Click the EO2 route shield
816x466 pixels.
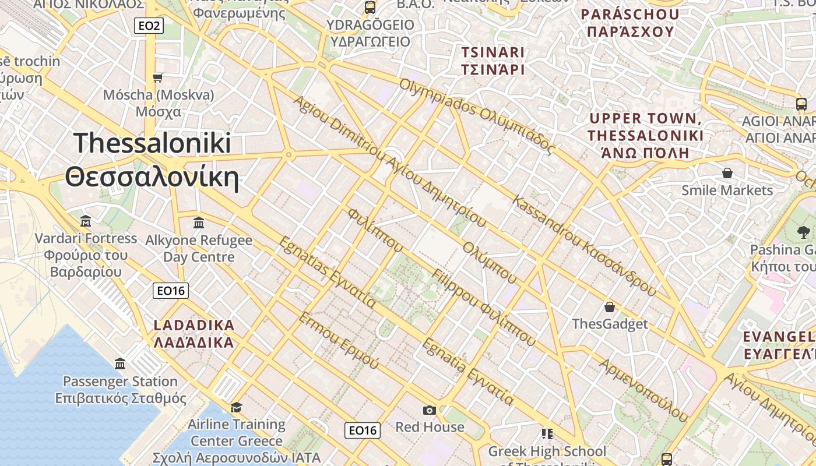[x=148, y=26]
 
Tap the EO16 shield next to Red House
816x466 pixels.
[x=362, y=430]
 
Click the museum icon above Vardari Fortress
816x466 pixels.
[x=86, y=221]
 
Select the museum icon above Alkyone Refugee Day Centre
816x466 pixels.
[x=199, y=223]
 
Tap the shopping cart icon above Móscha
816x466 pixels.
[x=157, y=77]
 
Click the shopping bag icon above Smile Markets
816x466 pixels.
[x=727, y=173]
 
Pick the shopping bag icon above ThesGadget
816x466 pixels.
[x=610, y=306]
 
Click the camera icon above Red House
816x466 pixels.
[x=430, y=410]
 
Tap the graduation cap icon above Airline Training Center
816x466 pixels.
[x=236, y=407]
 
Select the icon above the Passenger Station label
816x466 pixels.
[x=120, y=364]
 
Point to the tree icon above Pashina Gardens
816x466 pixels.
[x=803, y=232]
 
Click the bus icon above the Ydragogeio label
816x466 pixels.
[x=370, y=8]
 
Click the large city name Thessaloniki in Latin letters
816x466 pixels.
[x=153, y=143]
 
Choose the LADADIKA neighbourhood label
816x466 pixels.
[x=194, y=325]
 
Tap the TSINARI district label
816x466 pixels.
[x=493, y=52]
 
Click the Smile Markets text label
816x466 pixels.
[x=727, y=190]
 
